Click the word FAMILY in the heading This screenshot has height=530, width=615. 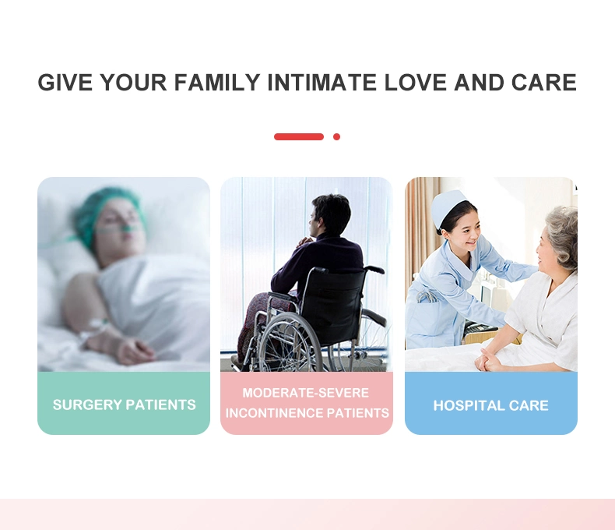(x=217, y=83)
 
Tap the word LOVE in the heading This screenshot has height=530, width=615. (x=416, y=83)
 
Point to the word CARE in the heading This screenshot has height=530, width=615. (x=544, y=83)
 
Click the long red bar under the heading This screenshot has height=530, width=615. (x=299, y=136)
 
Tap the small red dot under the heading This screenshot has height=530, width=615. (x=336, y=136)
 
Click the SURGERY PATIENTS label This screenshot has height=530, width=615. (x=125, y=405)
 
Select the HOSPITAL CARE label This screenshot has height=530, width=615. (x=490, y=405)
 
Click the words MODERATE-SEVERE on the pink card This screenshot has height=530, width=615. (x=305, y=393)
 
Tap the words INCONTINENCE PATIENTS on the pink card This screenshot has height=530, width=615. (x=307, y=413)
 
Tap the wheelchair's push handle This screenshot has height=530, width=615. (x=374, y=270)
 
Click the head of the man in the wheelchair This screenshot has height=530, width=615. (x=329, y=215)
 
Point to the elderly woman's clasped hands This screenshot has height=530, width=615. (x=487, y=359)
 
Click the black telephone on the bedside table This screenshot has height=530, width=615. (x=480, y=328)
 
